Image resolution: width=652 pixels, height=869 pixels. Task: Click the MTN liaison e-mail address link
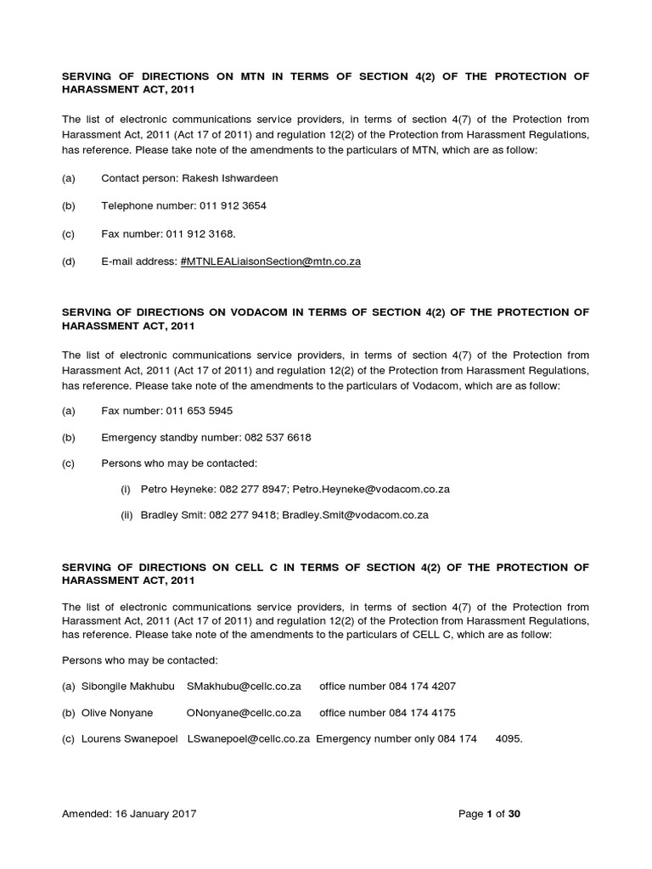pyautogui.click(x=271, y=261)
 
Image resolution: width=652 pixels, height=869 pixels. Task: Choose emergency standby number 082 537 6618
pyautogui.click(x=278, y=437)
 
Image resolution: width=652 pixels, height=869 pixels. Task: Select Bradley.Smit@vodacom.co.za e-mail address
pyautogui.click(x=355, y=514)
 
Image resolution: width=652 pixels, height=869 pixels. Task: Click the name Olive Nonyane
pyautogui.click(x=117, y=713)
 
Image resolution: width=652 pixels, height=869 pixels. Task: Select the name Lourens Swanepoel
pyautogui.click(x=129, y=739)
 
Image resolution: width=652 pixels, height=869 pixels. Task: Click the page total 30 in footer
pyautogui.click(x=514, y=813)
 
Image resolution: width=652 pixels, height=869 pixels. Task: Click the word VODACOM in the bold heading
pyautogui.click(x=259, y=312)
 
